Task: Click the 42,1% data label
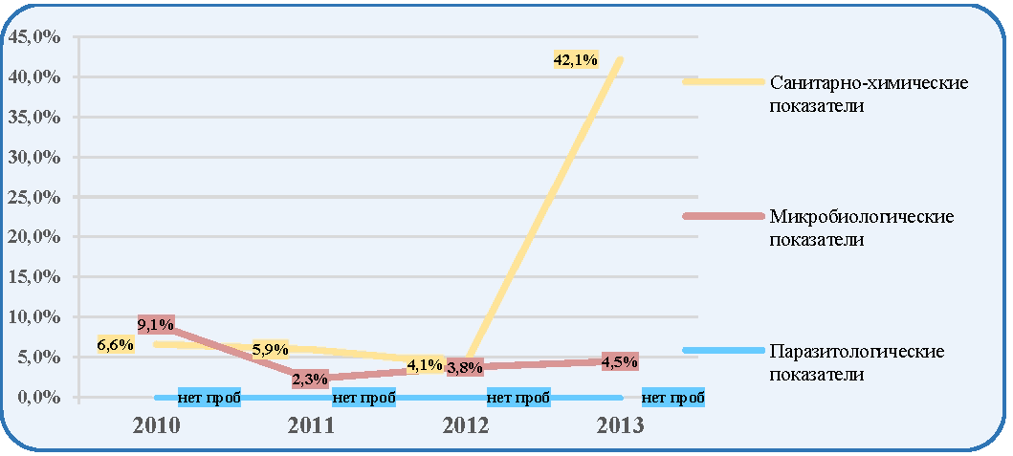[x=576, y=60]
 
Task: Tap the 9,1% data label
[x=156, y=323]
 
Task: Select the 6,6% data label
[x=116, y=345]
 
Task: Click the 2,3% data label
[x=310, y=380]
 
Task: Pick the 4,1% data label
[x=426, y=364]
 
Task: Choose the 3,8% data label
[x=465, y=368]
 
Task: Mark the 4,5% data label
[x=620, y=361]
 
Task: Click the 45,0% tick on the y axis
[x=33, y=37]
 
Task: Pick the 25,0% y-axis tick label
[x=33, y=197]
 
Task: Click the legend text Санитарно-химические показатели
[x=869, y=94]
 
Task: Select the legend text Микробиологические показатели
[x=862, y=228]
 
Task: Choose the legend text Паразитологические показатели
[x=857, y=362]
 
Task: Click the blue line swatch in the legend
[x=723, y=350]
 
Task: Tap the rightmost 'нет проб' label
[x=673, y=399]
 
